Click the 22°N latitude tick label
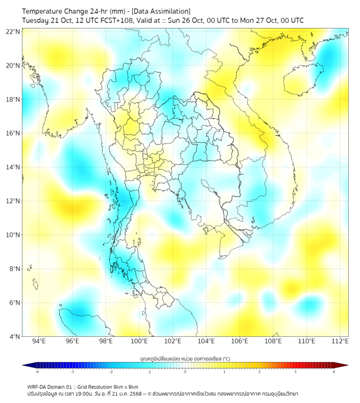tap(13, 32)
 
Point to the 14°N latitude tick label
tap(13, 167)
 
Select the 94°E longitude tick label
tap(39, 341)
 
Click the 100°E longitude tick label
tap(139, 341)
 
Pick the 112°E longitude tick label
tap(340, 341)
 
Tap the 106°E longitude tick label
tap(240, 341)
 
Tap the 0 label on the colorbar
tap(185, 372)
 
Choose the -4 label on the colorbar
tap(37, 372)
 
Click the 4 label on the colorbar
tap(333, 372)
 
